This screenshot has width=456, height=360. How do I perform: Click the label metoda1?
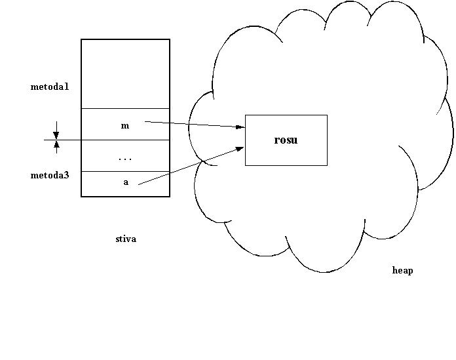click(50, 87)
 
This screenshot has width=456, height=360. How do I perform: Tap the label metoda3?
click(50, 175)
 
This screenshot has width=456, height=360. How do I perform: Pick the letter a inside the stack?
click(126, 182)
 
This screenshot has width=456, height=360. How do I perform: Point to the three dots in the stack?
click(125, 159)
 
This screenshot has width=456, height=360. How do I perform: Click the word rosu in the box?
click(286, 140)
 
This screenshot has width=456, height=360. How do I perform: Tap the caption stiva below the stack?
click(125, 239)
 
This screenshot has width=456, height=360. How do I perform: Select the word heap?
click(402, 270)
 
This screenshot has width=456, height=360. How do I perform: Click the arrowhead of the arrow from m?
click(240, 126)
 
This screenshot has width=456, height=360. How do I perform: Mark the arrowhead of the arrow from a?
click(240, 149)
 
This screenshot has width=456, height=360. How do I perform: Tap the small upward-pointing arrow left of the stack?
click(56, 146)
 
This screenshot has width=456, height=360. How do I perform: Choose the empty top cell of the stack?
click(125, 73)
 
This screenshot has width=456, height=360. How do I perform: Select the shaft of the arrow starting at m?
click(190, 123)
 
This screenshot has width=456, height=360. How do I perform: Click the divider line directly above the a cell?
click(125, 171)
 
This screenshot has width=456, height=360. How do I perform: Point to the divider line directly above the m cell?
click(125, 108)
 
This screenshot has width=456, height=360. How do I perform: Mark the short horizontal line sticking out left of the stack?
click(63, 140)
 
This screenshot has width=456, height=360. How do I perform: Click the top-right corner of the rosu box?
click(327, 115)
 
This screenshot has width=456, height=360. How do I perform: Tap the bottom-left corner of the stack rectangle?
click(81, 196)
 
